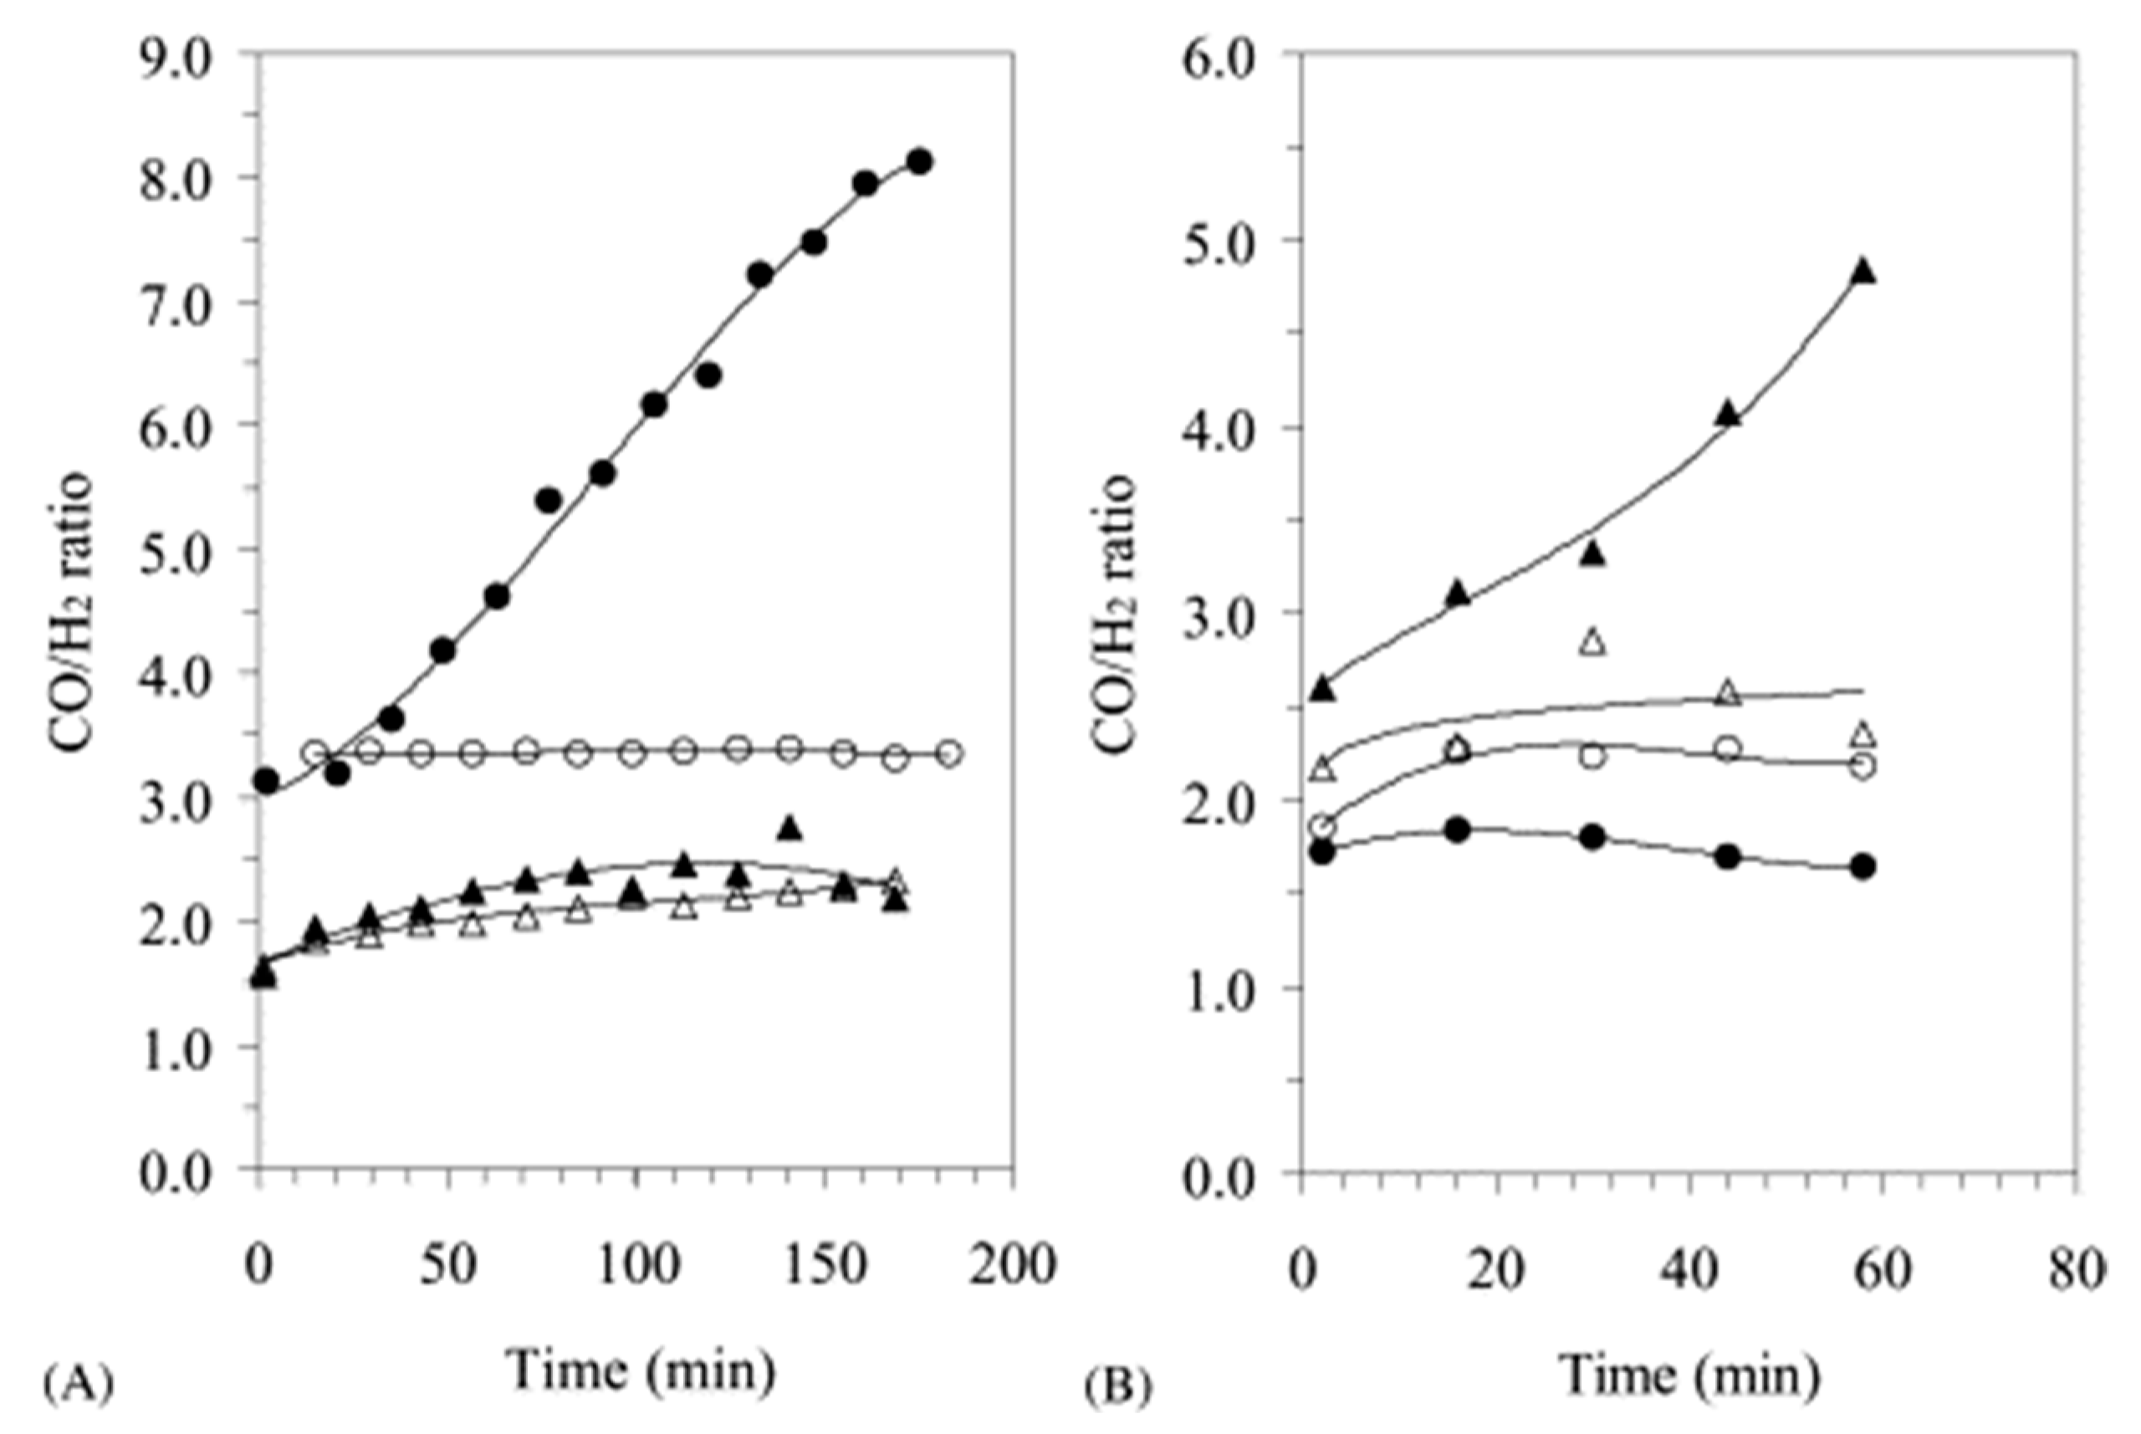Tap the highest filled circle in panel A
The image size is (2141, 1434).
[920, 162]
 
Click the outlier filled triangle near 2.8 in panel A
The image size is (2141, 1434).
[791, 829]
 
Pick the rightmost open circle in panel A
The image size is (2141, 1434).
[950, 753]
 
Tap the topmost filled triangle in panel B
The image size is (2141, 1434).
[1864, 273]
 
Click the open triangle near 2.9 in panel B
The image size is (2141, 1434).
[1593, 643]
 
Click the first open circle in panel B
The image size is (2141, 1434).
[1322, 828]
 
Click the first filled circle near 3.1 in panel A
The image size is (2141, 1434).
[266, 781]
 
